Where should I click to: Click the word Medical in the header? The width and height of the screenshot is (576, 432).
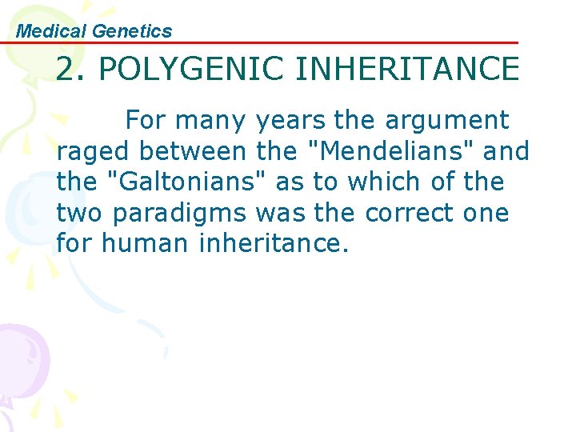point(52,31)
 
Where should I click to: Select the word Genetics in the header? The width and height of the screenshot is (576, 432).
point(131,31)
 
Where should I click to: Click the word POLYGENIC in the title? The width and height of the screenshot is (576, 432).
point(192,69)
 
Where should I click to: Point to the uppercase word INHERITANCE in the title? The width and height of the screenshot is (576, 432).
point(407,69)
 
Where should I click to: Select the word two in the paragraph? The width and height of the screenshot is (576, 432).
point(80,213)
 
